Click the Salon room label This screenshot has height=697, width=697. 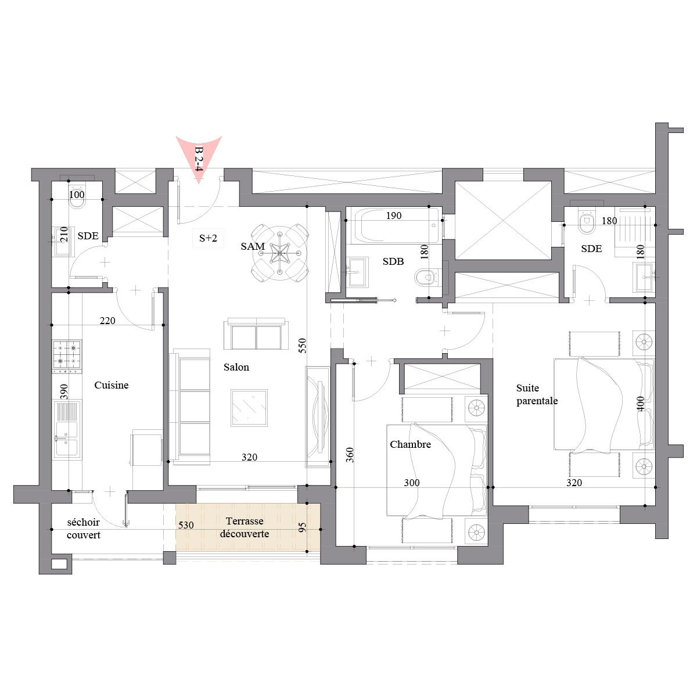pyautogui.click(x=236, y=367)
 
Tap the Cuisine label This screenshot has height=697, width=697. pyautogui.click(x=112, y=385)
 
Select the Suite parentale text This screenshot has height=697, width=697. pyautogui.click(x=537, y=394)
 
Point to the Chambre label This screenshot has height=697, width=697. pyautogui.click(x=410, y=444)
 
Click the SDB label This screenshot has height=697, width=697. pyautogui.click(x=393, y=261)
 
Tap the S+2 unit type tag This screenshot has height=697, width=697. pyautogui.click(x=208, y=238)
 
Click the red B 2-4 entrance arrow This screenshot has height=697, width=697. pyautogui.click(x=199, y=159)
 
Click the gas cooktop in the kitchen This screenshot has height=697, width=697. pyautogui.click(x=67, y=356)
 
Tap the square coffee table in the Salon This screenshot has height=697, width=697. pyautogui.click(x=249, y=408)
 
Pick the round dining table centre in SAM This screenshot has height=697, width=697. pyautogui.click(x=280, y=253)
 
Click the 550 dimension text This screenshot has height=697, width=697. pyautogui.click(x=303, y=346)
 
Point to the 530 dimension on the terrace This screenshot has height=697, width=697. pyautogui.click(x=186, y=525)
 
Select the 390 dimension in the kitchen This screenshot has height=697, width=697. pyautogui.click(x=64, y=391)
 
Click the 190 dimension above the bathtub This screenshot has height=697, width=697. pyautogui.click(x=394, y=215)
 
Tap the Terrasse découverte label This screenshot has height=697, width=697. pyautogui.click(x=245, y=527)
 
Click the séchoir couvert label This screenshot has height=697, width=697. pyautogui.click(x=84, y=529)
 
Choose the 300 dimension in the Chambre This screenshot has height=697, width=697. pyautogui.click(x=412, y=483)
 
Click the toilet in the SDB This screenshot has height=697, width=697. pyautogui.click(x=428, y=278)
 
